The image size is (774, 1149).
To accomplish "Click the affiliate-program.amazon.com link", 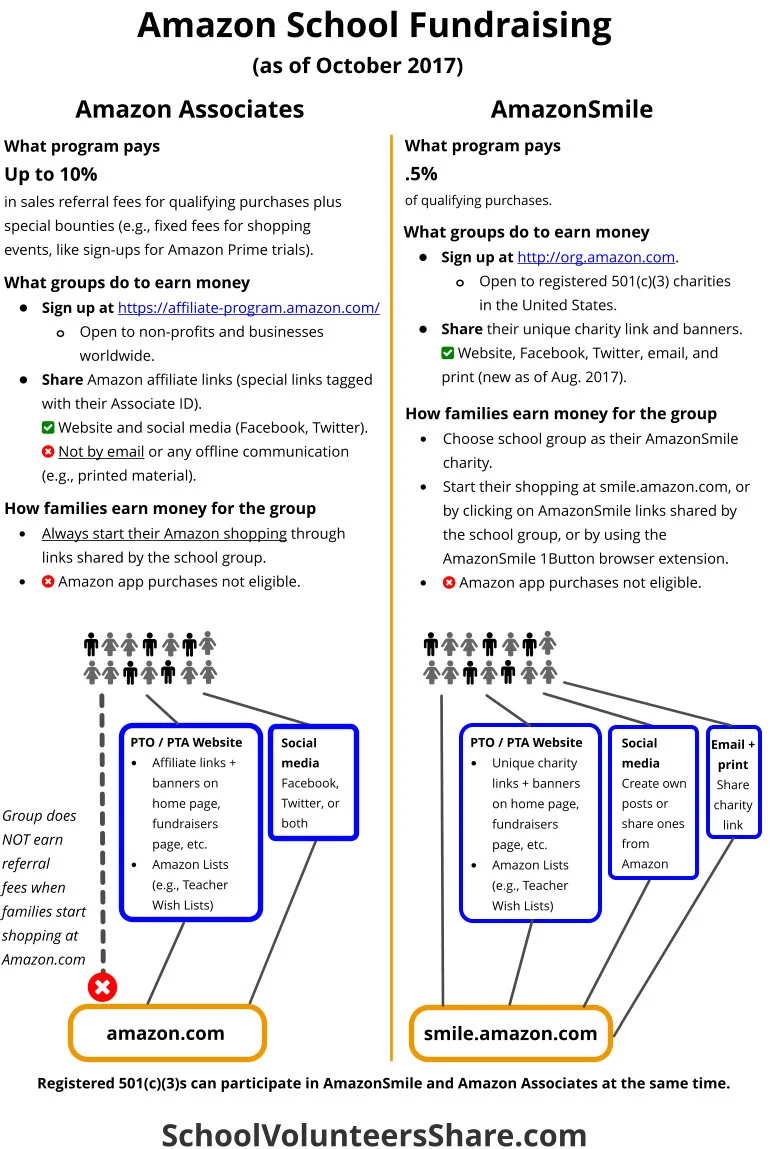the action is click(248, 308).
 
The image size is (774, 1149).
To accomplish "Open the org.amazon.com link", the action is click(596, 257).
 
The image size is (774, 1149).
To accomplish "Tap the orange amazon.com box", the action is click(166, 1033).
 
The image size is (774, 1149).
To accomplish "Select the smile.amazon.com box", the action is click(510, 1033).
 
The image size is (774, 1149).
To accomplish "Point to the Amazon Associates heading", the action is click(190, 108).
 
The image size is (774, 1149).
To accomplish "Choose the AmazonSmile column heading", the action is click(572, 108).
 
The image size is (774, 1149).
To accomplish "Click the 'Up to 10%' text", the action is click(51, 174).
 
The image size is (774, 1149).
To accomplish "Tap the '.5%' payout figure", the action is click(421, 173).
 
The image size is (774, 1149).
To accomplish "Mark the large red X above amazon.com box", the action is click(102, 987).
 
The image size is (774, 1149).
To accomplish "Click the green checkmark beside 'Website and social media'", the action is click(48, 428).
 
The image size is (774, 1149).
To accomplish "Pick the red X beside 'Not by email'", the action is click(48, 452).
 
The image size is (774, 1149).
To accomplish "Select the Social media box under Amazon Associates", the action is click(313, 782).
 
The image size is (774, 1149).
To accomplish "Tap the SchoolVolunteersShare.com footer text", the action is click(374, 1107).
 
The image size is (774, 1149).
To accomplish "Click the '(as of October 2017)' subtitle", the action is click(357, 66).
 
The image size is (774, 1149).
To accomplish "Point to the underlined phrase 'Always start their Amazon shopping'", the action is click(164, 534).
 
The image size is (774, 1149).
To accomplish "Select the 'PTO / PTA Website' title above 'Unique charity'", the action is click(526, 742).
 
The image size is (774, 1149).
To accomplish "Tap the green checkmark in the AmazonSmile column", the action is click(448, 353).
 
